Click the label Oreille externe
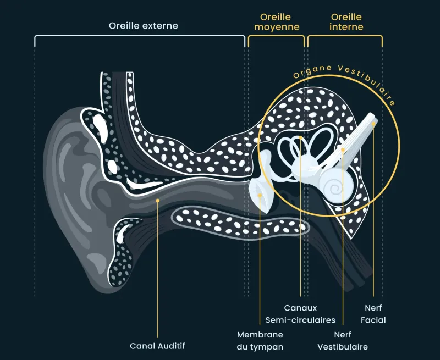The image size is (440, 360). [x=143, y=26]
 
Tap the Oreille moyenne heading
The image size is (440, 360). [x=277, y=22]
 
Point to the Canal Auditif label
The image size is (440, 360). [x=157, y=346]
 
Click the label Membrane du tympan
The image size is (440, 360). [x=260, y=340]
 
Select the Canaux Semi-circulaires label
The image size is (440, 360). [x=300, y=314]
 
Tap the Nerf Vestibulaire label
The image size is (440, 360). [x=343, y=340]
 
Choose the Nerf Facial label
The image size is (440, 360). [x=373, y=314]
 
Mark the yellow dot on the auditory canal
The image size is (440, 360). [x=158, y=201]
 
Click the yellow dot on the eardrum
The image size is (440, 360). [x=260, y=192]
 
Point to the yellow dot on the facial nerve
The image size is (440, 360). [x=373, y=124]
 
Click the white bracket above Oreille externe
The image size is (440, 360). [x=140, y=37]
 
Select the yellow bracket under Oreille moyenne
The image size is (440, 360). [x=276, y=37]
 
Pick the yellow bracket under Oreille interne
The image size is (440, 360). [x=345, y=37]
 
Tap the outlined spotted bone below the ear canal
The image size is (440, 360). [x=242, y=223]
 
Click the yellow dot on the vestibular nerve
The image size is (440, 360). [x=343, y=149]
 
